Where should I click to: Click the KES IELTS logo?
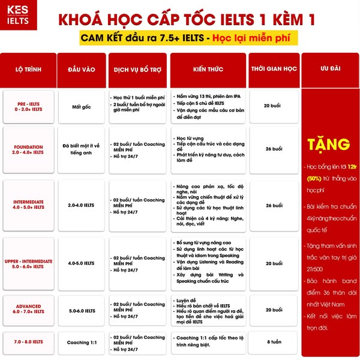pyautogui.click(x=19, y=19)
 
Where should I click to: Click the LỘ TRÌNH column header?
pyautogui.click(x=28, y=69)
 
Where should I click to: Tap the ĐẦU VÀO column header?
pyautogui.click(x=82, y=69)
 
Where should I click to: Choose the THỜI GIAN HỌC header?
pyautogui.click(x=274, y=69)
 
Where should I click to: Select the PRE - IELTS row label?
pyautogui.click(x=29, y=106)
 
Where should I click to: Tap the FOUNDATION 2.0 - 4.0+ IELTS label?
pyautogui.click(x=29, y=149)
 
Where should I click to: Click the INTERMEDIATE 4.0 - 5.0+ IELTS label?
pyautogui.click(x=29, y=205)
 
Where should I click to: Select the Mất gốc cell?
pyautogui.click(x=82, y=106)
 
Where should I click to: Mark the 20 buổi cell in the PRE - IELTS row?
pyautogui.click(x=274, y=106)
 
